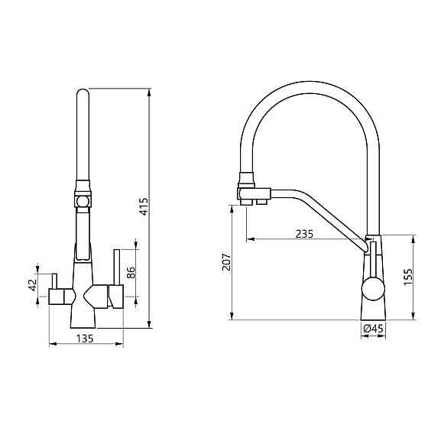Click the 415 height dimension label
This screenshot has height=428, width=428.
coord(144,206)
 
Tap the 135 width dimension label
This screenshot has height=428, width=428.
coord(85,339)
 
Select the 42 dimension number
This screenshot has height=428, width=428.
coord(33,285)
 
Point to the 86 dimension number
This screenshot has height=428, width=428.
coord(131,272)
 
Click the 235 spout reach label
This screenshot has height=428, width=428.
coord(305,234)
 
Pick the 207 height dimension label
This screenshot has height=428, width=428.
coord(226,262)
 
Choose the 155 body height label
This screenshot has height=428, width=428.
coord(408,277)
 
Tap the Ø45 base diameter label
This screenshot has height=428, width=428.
coord(374,329)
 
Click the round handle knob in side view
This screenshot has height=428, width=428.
coord(373,289)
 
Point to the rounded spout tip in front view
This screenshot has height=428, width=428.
coord(83,92)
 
